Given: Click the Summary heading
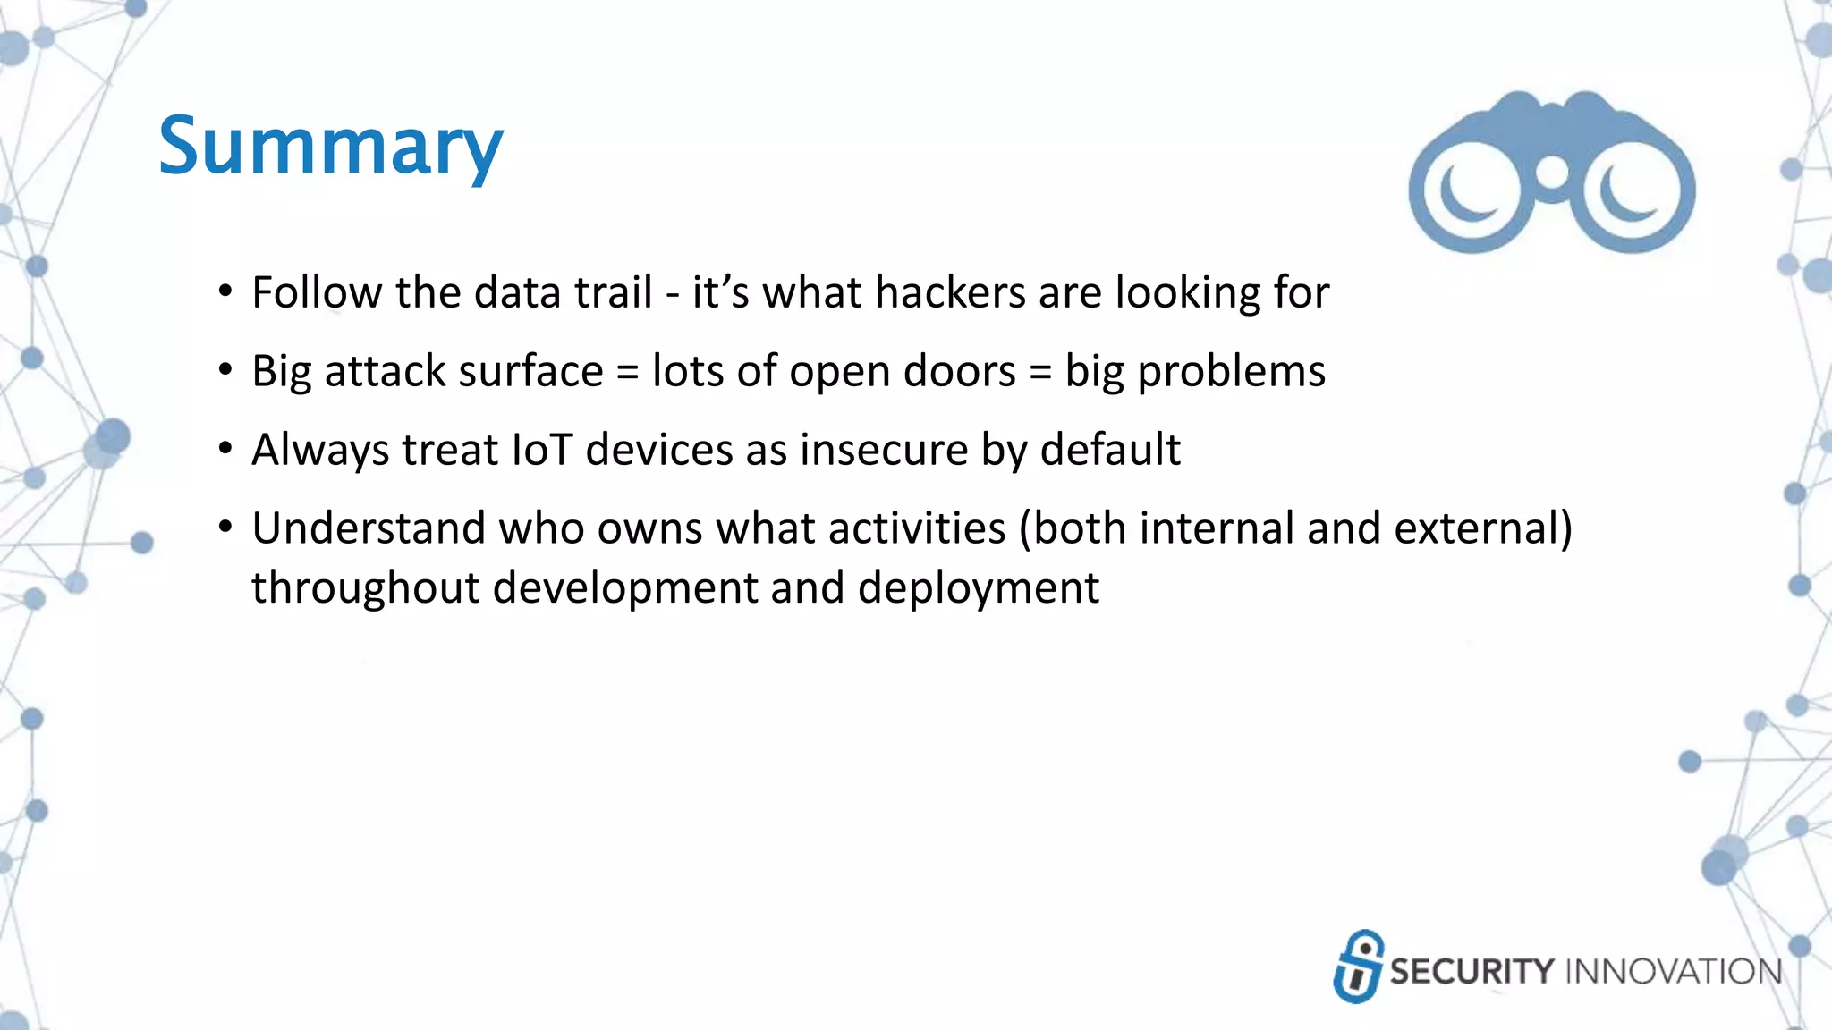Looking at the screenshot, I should pos(330,147).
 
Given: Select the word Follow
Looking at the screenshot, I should pos(317,293).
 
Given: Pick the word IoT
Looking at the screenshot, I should pos(541,450).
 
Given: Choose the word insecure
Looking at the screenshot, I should pos(884,450).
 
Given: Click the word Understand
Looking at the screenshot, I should pos(369,528).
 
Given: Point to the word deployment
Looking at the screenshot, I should pos(978,589).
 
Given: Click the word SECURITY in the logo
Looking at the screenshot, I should pos(1472,972).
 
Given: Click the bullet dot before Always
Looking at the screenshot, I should pos(225,448).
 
